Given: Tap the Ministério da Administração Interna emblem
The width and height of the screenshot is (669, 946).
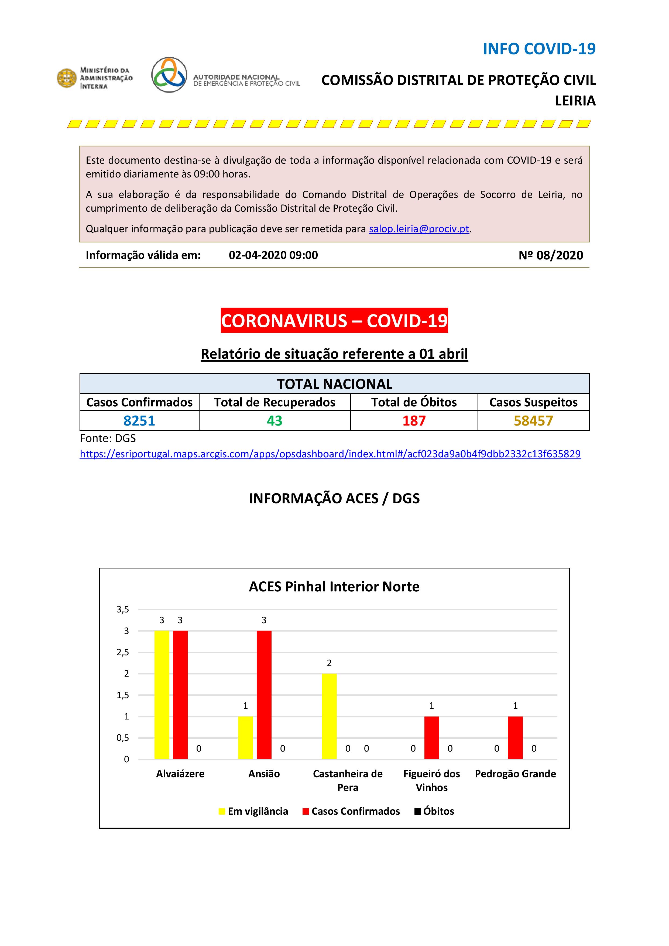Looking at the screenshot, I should point(66,78).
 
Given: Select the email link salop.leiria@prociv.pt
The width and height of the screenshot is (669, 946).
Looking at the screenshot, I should point(419,229).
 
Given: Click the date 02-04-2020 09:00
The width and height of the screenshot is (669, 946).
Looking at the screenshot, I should point(273,255).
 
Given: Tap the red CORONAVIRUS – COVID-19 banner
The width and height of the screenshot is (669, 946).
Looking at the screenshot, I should point(334,321).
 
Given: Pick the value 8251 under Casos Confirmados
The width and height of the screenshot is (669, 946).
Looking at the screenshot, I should point(139,421).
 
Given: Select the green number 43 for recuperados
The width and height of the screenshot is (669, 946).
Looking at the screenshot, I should point(274,421).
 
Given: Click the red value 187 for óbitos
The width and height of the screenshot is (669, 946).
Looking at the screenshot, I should point(414,421).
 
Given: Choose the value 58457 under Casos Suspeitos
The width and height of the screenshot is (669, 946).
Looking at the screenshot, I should point(533,421).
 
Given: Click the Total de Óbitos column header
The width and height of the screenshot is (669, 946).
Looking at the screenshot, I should point(414,402).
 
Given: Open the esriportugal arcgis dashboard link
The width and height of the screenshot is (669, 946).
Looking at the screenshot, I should point(330,454).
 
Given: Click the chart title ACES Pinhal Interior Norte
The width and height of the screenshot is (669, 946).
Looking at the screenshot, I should point(334,587).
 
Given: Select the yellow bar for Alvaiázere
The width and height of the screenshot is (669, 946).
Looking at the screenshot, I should point(162,695).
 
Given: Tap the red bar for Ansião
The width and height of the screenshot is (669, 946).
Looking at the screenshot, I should point(264,695).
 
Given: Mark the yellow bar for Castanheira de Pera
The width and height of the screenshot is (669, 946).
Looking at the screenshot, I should point(329,716).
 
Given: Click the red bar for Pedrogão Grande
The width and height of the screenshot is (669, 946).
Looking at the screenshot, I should point(515,738).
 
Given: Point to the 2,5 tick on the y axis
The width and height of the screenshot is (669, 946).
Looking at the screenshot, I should point(123,652).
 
